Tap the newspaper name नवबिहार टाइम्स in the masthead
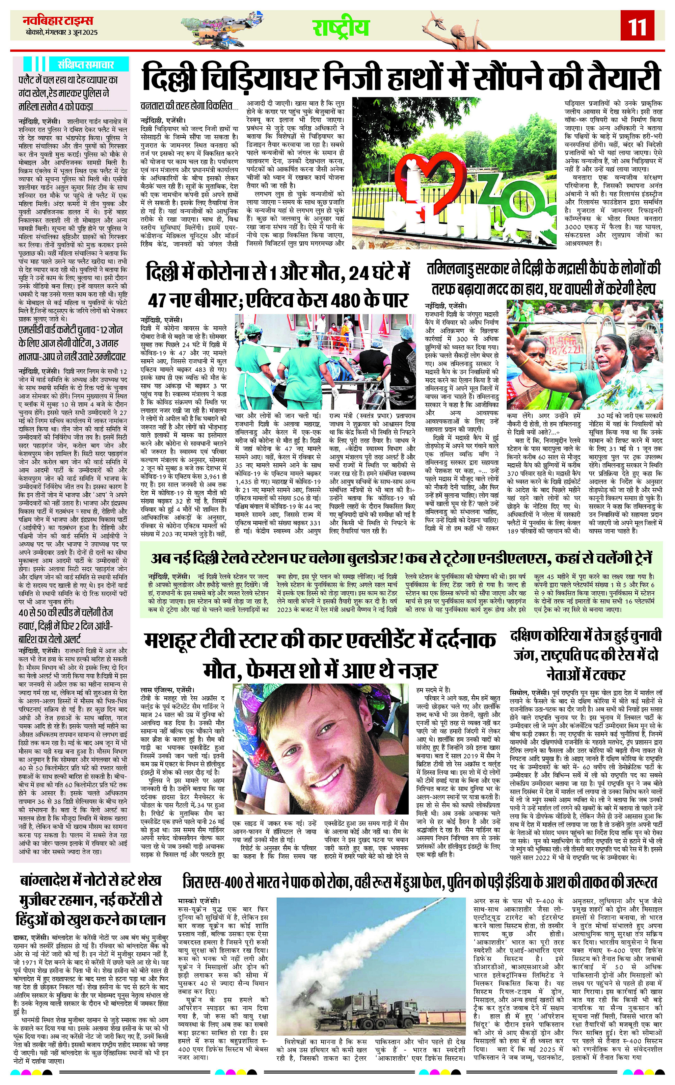point(58,20)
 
